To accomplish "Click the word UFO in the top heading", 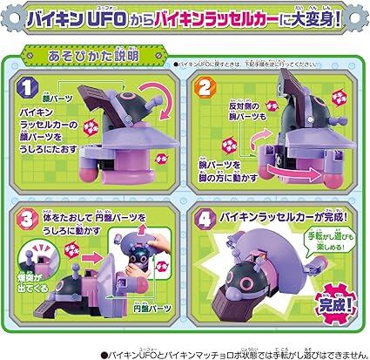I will click(x=116, y=18).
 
